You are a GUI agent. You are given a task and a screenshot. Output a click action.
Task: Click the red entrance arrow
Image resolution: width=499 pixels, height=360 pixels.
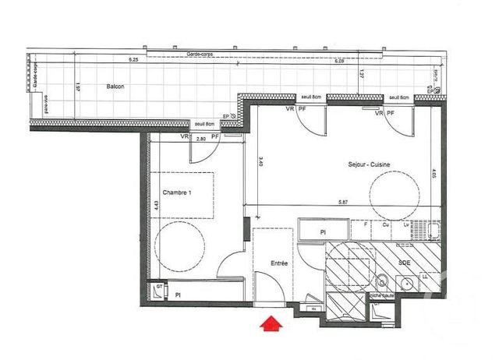tap(271, 323)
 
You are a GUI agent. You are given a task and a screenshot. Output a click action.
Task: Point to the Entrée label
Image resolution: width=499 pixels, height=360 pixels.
tap(278, 263)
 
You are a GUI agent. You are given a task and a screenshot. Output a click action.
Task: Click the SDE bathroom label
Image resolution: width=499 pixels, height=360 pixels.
tap(404, 263)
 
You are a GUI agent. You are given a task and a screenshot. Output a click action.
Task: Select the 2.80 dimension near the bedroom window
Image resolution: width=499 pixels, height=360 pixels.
tap(200, 139)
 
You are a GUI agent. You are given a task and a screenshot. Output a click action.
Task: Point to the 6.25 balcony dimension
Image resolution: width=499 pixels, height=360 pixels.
tap(133, 60)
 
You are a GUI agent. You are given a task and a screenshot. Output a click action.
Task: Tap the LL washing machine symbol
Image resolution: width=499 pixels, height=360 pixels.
tap(425, 277)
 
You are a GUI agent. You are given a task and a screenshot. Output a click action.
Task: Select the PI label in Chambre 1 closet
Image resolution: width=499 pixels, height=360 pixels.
tap(179, 295)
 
